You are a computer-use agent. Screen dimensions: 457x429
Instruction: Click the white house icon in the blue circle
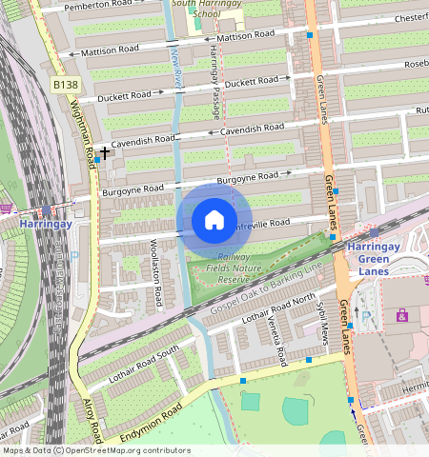click(214, 221)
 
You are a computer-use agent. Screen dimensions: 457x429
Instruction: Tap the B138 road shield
click(65, 86)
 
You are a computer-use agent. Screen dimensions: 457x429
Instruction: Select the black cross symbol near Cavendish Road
click(104, 150)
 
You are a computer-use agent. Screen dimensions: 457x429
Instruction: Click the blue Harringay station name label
click(45, 225)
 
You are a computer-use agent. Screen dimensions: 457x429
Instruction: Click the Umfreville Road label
click(264, 223)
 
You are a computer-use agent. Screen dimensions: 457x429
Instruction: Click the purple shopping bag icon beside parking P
click(401, 314)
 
